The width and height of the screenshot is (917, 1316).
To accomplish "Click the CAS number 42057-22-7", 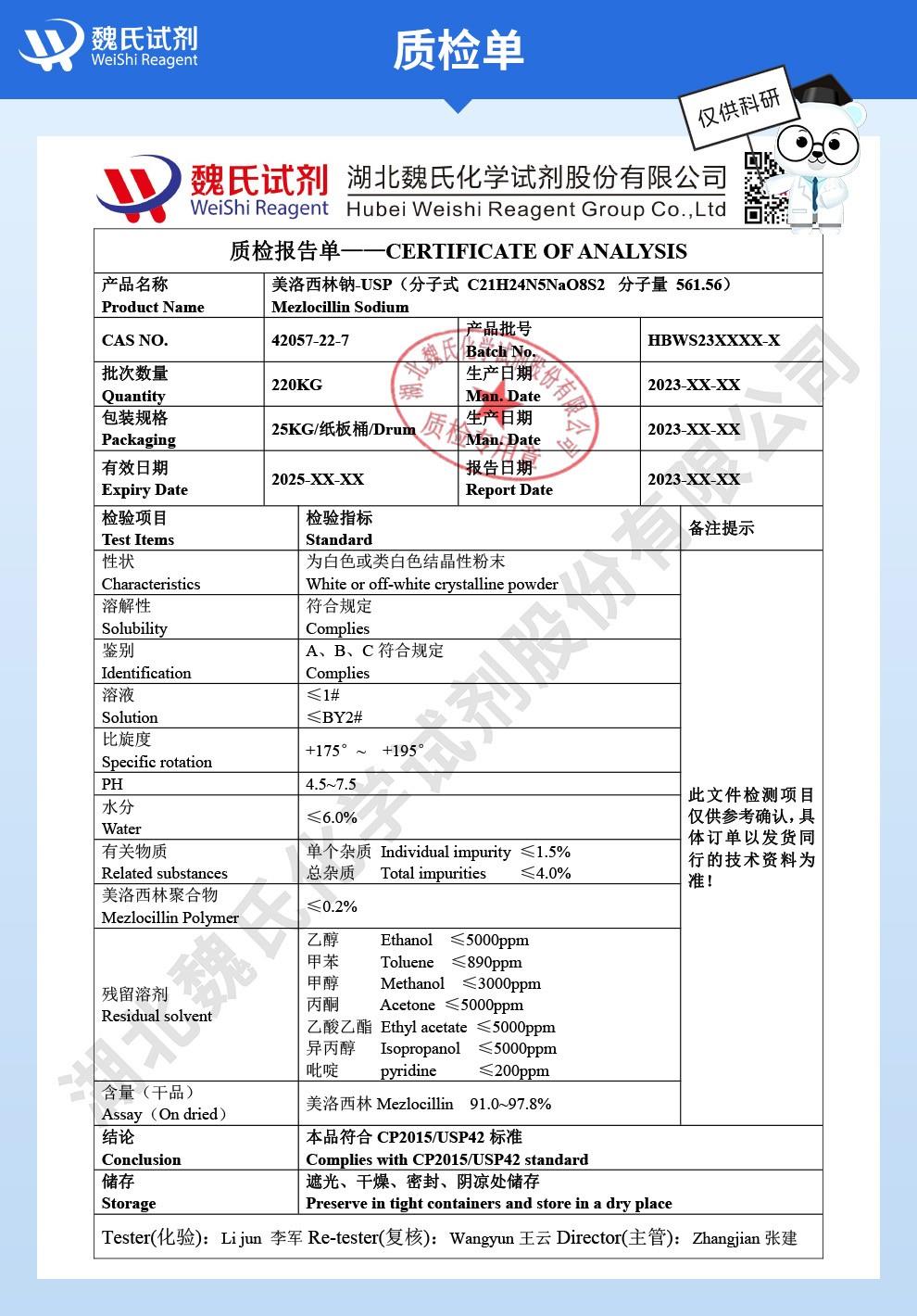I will tap(310, 340).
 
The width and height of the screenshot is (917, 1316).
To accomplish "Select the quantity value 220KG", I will tap(296, 385).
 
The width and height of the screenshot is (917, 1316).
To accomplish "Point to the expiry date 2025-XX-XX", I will tap(318, 479).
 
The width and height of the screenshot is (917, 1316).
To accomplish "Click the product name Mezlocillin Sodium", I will tap(340, 307).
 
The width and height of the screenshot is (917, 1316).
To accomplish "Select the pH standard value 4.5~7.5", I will tap(331, 784).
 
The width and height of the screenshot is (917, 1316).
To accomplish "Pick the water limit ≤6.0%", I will tap(332, 817).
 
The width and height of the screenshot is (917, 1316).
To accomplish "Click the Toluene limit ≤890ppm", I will tap(486, 962).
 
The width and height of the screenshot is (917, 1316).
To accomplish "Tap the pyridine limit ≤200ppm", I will tap(513, 1070).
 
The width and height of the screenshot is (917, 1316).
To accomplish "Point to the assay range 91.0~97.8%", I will tap(510, 1104).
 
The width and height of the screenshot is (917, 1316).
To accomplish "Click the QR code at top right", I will tap(765, 189).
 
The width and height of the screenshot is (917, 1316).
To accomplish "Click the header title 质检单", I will tap(458, 49).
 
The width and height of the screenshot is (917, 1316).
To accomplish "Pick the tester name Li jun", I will tap(241, 1238).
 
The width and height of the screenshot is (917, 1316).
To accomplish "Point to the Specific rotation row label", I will tap(157, 762).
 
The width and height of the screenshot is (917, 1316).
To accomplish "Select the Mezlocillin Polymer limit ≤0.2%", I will tap(332, 906).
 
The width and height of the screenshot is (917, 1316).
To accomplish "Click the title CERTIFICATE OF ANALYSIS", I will tap(536, 251).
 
